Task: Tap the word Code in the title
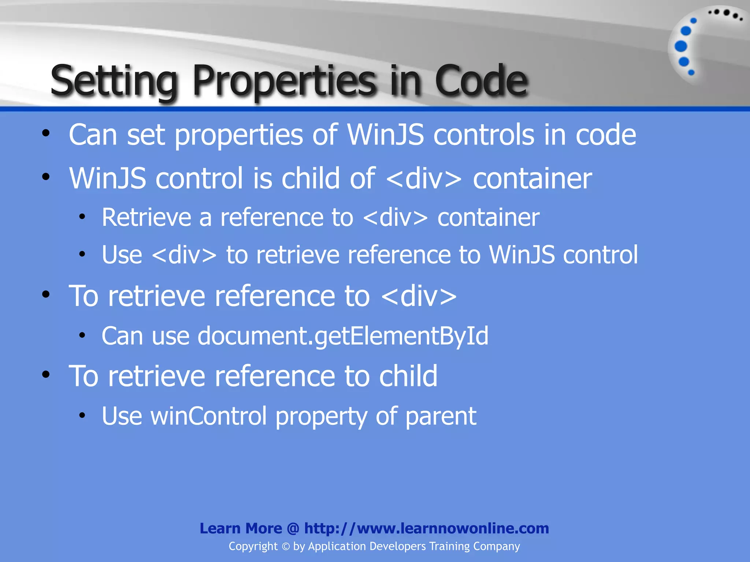[481, 80]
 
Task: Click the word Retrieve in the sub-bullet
[146, 217]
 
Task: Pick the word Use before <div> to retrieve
[122, 255]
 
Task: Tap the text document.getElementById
[343, 336]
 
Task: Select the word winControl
[209, 416]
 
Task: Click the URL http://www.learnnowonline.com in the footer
[426, 528]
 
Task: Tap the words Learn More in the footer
[241, 528]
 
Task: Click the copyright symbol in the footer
[286, 547]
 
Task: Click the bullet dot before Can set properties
[45, 134]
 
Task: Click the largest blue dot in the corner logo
[681, 46]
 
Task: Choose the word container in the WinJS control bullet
[532, 178]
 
